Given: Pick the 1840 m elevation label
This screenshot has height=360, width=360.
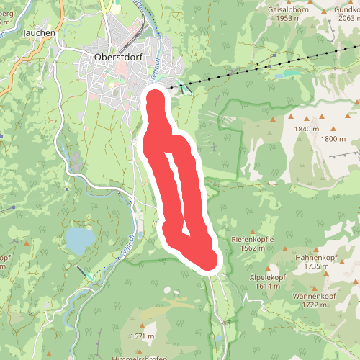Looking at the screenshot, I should [x=306, y=129].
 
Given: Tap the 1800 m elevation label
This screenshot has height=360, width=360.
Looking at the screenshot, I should [x=333, y=139].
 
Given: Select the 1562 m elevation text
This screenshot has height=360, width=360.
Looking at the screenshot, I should [x=252, y=248].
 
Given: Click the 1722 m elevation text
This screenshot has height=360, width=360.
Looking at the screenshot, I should [x=315, y=305].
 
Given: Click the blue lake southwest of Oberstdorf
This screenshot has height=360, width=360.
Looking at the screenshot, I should [x=80, y=238].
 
